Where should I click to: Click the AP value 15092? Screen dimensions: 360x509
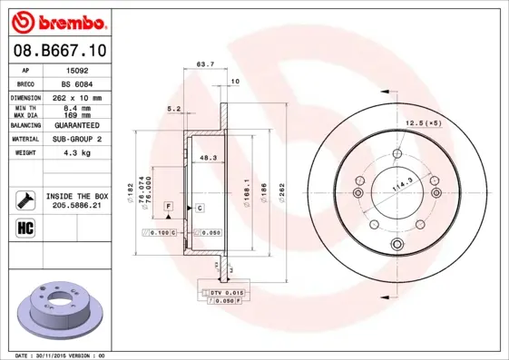[76, 69]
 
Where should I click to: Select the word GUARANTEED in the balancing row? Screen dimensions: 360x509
[76, 125]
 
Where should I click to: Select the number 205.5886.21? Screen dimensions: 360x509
[76, 207]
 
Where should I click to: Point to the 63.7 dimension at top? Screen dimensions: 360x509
[205, 64]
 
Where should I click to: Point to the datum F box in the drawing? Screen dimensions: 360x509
[169, 208]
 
